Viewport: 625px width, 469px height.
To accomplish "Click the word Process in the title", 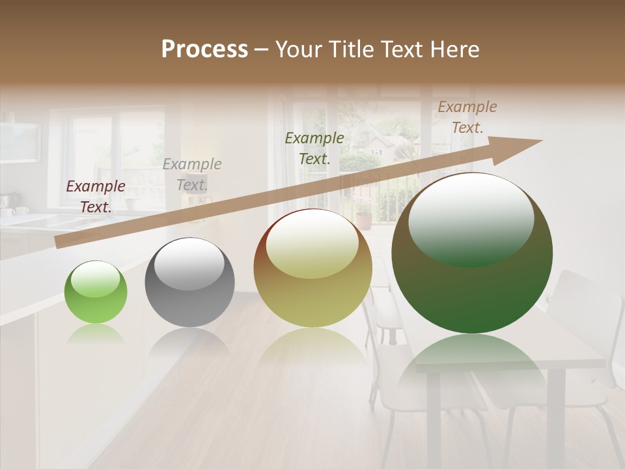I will tap(204, 50).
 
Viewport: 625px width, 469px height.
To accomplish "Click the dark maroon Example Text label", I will tap(96, 196).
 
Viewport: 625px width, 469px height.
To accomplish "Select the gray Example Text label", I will tap(192, 174).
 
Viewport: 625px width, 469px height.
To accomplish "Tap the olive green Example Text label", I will tap(314, 148).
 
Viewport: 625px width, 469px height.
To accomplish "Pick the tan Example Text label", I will tap(467, 117).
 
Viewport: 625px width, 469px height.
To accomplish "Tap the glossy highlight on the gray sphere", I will tap(189, 263).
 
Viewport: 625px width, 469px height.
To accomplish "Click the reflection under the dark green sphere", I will tap(472, 358).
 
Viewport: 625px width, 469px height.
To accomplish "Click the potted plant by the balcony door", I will tap(363, 215).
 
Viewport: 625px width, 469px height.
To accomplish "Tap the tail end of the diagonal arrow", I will tap(60, 242).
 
